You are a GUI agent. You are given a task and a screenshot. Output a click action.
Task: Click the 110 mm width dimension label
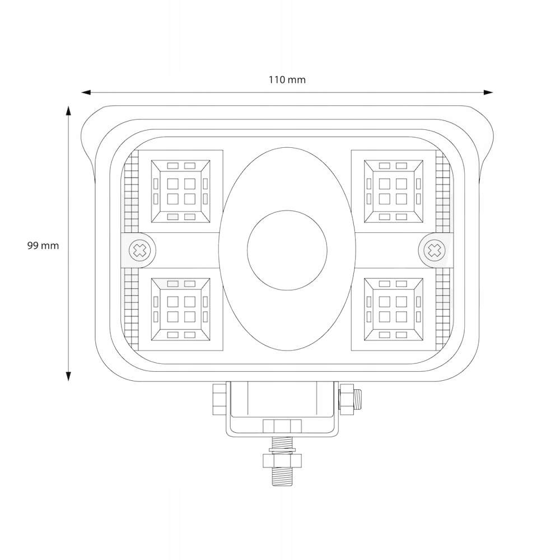[287, 80]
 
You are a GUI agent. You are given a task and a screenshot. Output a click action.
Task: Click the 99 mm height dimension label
[43, 245]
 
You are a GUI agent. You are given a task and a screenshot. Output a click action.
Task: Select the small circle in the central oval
[287, 250]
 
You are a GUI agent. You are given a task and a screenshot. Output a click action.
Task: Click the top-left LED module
[181, 191]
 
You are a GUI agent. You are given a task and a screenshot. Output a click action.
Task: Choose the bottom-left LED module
[181, 310]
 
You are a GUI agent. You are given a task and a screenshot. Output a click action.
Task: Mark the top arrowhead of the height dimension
[68, 110]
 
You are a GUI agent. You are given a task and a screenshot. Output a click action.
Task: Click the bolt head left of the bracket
[218, 399]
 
